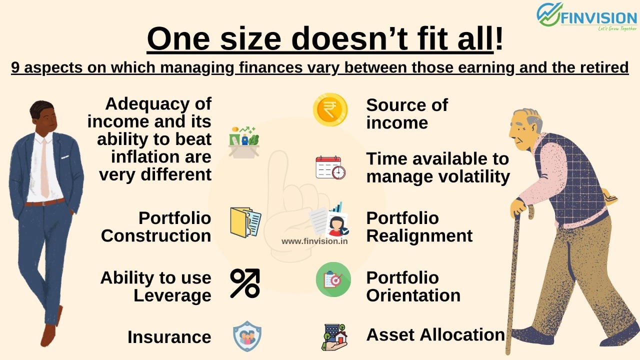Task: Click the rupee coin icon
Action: coord(330,110)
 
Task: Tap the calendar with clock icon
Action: coord(330,167)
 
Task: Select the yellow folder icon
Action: coord(245,222)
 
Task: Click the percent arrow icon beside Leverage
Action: coord(245,283)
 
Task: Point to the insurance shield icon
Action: coord(247,336)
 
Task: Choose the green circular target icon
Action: coord(333,279)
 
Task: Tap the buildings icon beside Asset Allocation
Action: coord(334,337)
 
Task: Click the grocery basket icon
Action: coord(244,142)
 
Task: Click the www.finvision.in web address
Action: coord(314,241)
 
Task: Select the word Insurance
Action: coord(169,337)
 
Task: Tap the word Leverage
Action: coord(172,295)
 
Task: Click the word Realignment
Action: coord(419,236)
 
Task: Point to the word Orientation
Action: coord(413,295)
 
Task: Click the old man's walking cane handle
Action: coord(525,211)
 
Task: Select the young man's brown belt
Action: coord(44,202)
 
